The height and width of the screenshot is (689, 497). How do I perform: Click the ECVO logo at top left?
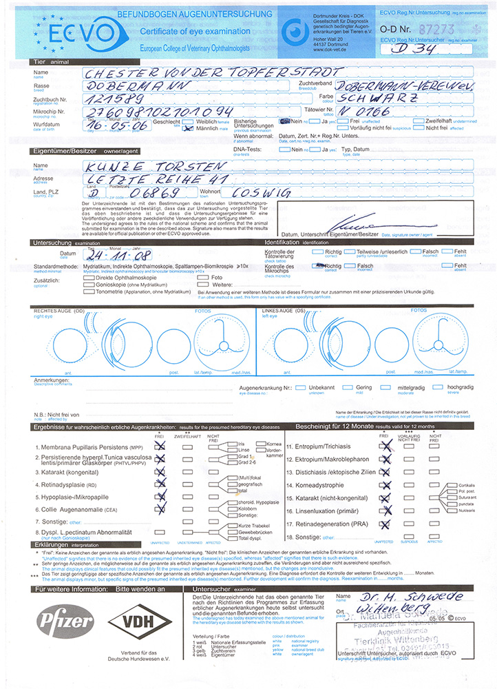tap(65, 30)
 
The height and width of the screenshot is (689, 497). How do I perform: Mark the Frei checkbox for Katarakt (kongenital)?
tap(160, 473)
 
